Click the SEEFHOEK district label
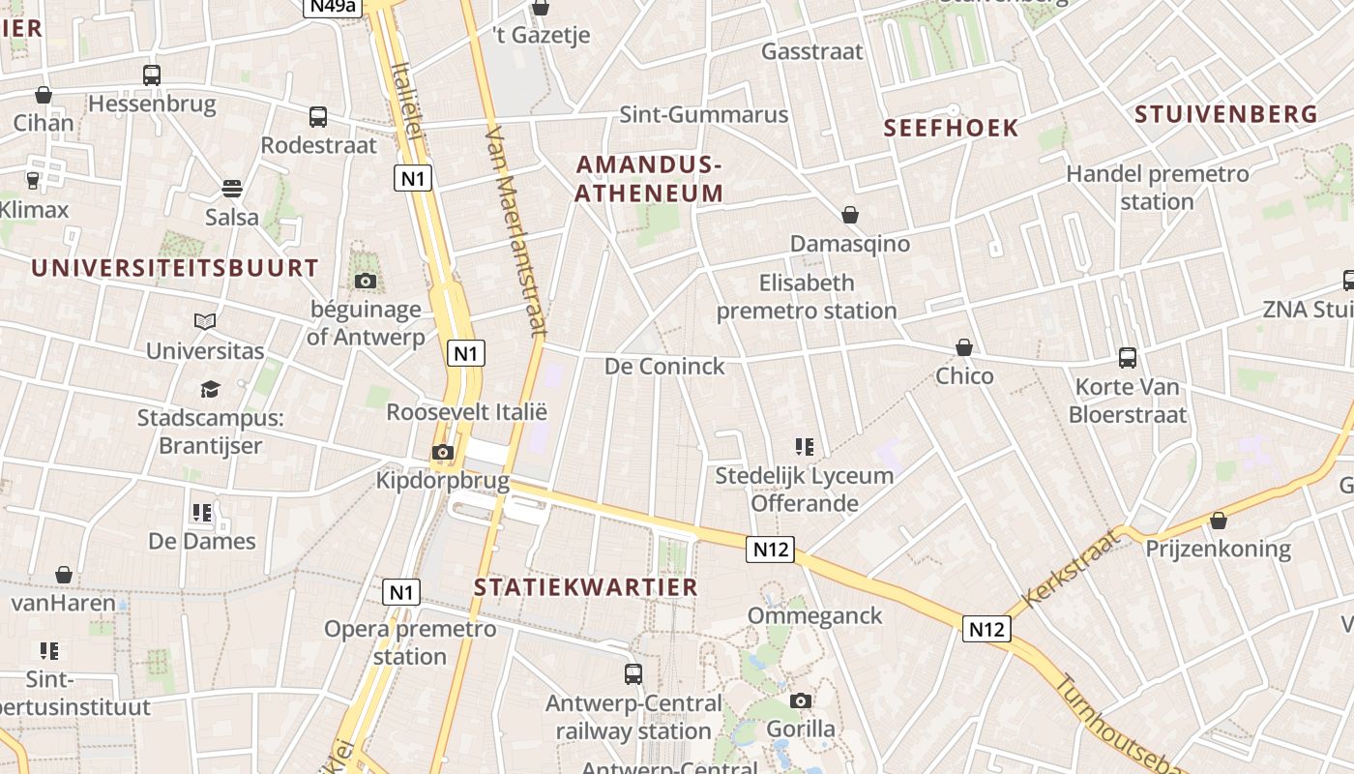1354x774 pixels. point(952,128)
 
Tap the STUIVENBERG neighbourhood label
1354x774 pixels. point(1225,114)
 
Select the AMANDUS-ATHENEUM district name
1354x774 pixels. point(649,179)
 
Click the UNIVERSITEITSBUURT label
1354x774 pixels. point(174,268)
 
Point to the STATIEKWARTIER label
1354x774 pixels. point(585,587)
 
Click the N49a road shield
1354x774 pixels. point(333,7)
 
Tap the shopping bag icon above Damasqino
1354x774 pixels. point(849,215)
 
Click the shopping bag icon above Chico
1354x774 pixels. point(963,347)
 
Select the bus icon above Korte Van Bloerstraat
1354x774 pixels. point(1127,358)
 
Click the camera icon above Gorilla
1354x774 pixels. point(800,700)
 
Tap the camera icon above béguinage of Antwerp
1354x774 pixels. point(365,282)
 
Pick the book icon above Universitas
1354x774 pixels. point(204,321)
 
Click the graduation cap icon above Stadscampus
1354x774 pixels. point(210,389)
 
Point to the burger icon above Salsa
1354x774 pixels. point(232,188)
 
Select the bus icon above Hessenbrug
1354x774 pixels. point(152,74)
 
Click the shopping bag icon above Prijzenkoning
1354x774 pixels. point(1218,521)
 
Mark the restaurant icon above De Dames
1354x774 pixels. point(201,512)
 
